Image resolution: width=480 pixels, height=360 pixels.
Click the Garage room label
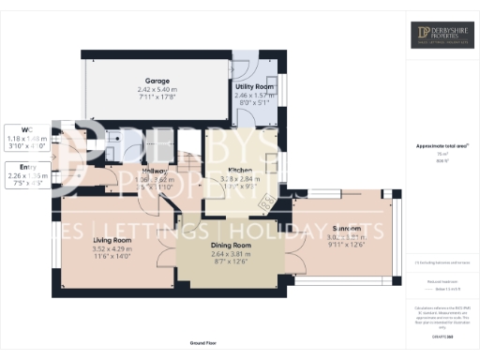tap(156, 81)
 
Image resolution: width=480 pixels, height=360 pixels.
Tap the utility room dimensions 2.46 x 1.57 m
tap(251, 95)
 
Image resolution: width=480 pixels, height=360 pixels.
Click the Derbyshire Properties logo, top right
tap(442, 36)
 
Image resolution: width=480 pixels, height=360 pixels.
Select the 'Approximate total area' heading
tap(442, 145)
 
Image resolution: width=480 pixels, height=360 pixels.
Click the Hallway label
tap(155, 172)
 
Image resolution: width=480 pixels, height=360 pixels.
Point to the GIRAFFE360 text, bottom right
tap(442, 322)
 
